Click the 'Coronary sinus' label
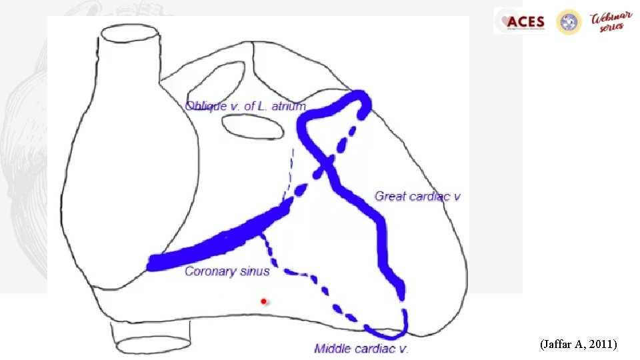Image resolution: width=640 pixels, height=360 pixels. click(x=227, y=271)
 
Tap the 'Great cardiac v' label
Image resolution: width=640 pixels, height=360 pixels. click(x=418, y=196)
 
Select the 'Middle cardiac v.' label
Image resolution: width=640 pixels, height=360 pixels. click(x=361, y=349)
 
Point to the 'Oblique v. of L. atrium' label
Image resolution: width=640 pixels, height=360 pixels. click(x=245, y=106)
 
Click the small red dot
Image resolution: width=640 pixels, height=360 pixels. click(x=263, y=301)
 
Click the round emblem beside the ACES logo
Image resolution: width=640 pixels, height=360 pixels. click(x=569, y=22)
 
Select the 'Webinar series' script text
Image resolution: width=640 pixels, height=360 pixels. click(x=607, y=22)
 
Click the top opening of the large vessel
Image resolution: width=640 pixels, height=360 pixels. click(x=130, y=35)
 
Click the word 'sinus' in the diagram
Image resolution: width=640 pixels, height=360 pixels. click(x=256, y=271)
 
